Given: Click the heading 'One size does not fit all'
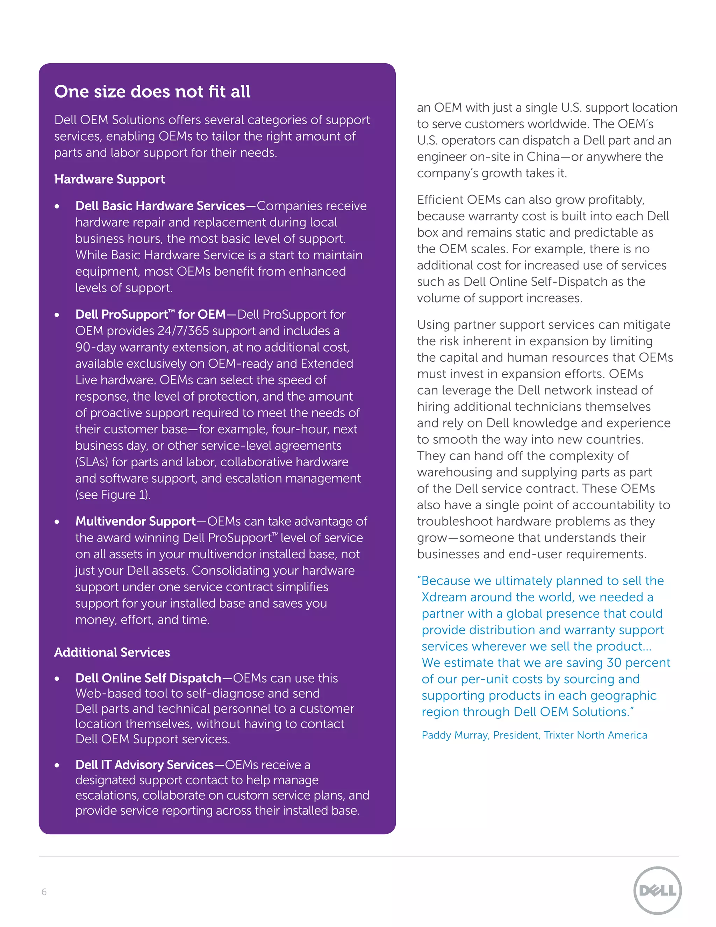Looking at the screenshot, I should point(152,92).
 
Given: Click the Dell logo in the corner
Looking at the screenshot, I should point(657,891).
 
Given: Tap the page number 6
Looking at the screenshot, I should point(44,892).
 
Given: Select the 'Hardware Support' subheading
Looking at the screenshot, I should point(109,179).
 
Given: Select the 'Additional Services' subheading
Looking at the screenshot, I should point(112,652).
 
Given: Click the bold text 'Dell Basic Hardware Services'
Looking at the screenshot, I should point(160,206).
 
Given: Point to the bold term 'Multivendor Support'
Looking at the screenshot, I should point(135,521).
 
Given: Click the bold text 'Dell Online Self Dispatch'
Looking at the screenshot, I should point(148,678).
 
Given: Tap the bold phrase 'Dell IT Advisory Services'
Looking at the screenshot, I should point(144,764).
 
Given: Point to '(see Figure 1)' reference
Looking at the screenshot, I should point(113,495).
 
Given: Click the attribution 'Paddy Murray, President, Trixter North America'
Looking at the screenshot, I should point(534,735).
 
